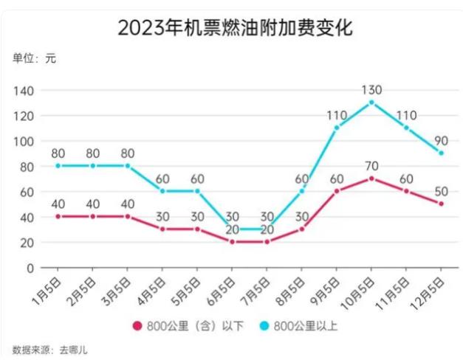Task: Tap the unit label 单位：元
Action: pos(34,58)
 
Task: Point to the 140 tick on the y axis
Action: pos(26,91)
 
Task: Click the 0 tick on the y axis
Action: pos(31,269)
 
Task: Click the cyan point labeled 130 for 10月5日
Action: pos(371,102)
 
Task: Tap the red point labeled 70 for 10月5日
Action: pos(371,179)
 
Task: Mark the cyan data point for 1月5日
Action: pos(59,165)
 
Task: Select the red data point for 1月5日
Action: pos(59,216)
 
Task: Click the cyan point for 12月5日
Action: pos(441,153)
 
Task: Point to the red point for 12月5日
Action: pos(441,204)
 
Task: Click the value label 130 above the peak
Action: pos(371,90)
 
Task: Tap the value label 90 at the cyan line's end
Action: pos(441,141)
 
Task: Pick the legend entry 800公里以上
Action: pos(302,325)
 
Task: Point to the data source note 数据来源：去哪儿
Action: pos(50,347)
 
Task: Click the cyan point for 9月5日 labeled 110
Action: pos(337,128)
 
